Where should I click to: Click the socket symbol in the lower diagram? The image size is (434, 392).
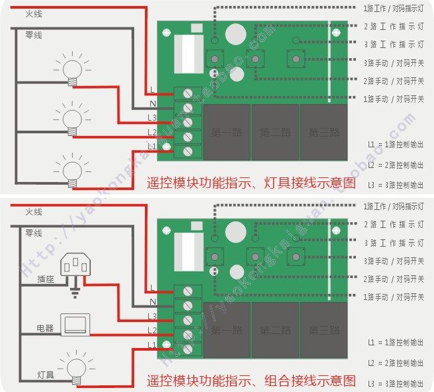[x=75, y=267]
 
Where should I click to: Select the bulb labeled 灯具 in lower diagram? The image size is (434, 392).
[x=72, y=364]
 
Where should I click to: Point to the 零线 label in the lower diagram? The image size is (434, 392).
[x=33, y=233]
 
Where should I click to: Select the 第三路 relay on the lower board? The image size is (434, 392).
[x=323, y=330]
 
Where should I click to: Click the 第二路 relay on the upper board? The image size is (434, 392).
[x=274, y=132]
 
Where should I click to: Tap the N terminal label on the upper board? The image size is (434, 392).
[x=153, y=103]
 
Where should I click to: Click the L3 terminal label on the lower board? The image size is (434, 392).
[x=152, y=315]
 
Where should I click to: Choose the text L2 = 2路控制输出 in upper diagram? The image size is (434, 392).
[x=395, y=165]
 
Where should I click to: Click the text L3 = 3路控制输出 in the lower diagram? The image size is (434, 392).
[x=395, y=383]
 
